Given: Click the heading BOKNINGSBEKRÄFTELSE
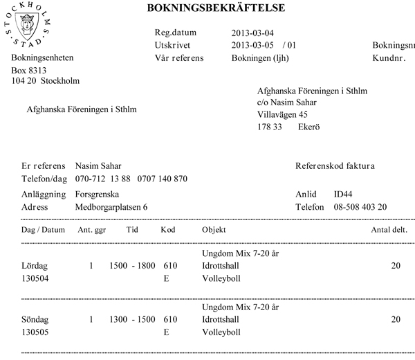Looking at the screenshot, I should [216, 8].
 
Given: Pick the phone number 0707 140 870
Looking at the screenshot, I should [163, 179].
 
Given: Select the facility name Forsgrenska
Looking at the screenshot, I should [98, 195].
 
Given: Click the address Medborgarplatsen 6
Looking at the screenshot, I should [111, 207].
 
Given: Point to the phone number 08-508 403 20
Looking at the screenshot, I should [360, 207].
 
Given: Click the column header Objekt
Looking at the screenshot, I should [214, 229].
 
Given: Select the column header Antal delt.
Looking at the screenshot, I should [389, 229].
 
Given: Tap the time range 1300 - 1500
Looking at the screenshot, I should [132, 319].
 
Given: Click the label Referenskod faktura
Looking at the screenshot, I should [335, 166].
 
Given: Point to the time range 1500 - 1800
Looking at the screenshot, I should [132, 266].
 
